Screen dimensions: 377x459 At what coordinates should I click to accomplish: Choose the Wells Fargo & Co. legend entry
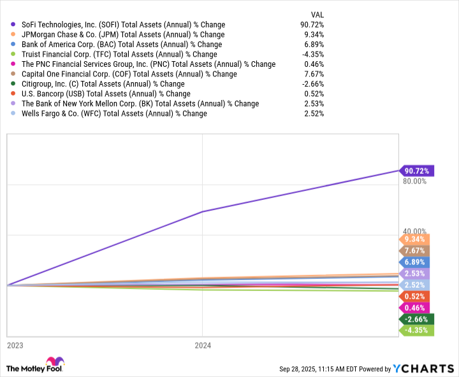[113, 113]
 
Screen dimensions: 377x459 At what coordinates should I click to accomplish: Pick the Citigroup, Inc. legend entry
[103, 83]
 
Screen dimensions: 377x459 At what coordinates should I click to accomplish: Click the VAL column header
[317, 13]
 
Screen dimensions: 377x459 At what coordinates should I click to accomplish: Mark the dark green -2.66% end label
[416, 319]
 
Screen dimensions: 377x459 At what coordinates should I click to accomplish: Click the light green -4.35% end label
[416, 331]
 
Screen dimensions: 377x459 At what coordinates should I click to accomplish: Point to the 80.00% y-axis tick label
[414, 181]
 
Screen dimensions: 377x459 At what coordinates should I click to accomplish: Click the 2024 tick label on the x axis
[203, 345]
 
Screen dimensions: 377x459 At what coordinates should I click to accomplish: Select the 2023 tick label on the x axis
[15, 345]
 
